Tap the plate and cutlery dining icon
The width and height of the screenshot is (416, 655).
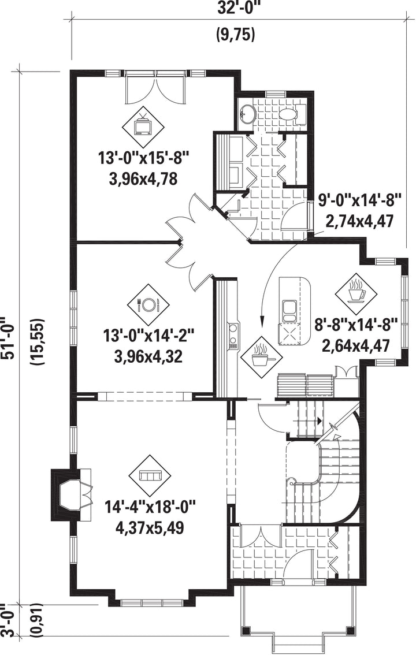click(x=148, y=304)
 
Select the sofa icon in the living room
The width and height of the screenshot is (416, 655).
click(x=150, y=475)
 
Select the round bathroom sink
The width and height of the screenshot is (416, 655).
click(x=248, y=113)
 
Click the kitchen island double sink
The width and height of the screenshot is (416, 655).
click(x=289, y=311)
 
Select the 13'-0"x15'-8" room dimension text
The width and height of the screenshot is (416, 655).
click(x=144, y=159)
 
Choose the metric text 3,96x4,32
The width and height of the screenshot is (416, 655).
click(x=148, y=356)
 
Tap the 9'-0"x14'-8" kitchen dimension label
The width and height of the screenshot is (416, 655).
click(x=360, y=200)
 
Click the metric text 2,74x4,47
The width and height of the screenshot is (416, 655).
click(x=360, y=221)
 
